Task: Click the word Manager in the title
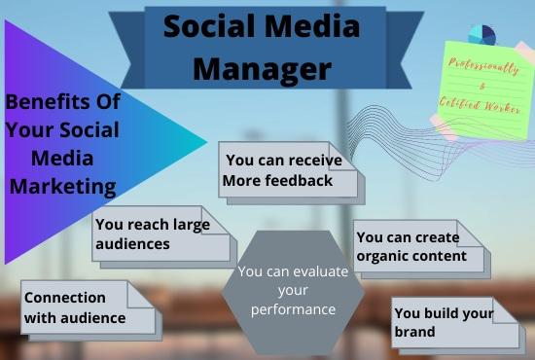click(x=262, y=68)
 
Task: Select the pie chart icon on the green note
click(x=481, y=34)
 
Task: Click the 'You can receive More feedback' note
click(x=288, y=171)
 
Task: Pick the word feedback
click(x=302, y=181)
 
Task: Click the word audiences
click(x=133, y=243)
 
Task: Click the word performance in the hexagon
click(x=293, y=309)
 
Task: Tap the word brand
click(x=414, y=332)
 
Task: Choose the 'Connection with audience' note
click(x=88, y=307)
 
